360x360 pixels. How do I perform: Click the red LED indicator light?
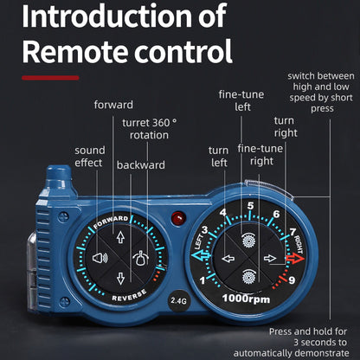click(178, 218)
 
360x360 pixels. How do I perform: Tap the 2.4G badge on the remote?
click(178, 301)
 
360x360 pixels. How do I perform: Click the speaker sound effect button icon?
click(100, 258)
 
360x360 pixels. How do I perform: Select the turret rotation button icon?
click(140, 258)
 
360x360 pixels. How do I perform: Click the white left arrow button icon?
click(228, 258)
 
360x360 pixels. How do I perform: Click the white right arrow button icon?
click(270, 258)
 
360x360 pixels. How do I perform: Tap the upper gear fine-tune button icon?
click(248, 240)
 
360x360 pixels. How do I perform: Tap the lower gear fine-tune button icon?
click(248, 276)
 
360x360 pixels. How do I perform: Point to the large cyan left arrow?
click(201, 256)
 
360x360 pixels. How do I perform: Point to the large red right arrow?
click(295, 258)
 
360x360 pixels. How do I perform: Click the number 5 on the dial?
click(250, 206)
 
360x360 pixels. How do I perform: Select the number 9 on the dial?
click(292, 280)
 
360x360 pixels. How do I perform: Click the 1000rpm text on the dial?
click(246, 299)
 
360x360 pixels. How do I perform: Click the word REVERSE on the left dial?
click(129, 296)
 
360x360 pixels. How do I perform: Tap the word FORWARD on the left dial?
click(111, 222)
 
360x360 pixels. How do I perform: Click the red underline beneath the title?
click(50, 78)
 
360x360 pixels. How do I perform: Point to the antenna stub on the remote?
click(59, 177)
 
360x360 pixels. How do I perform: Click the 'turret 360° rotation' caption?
click(149, 129)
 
